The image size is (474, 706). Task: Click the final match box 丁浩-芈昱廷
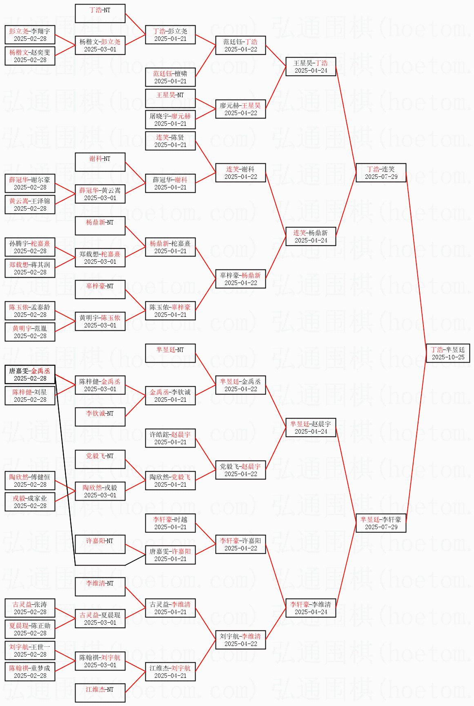(448, 353)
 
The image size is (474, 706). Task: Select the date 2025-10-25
(448, 357)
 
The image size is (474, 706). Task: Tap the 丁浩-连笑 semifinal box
(381, 173)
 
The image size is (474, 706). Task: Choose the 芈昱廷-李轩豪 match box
(381, 523)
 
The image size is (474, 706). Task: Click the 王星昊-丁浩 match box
(311, 67)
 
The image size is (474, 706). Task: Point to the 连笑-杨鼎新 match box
(311, 236)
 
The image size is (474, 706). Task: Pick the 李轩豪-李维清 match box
(311, 608)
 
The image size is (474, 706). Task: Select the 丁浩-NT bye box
(100, 13)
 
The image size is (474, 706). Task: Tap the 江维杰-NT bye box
(100, 693)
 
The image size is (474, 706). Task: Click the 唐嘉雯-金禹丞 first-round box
(30, 374)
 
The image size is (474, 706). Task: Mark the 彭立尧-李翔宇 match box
(30, 35)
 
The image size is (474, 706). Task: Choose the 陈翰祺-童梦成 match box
(30, 672)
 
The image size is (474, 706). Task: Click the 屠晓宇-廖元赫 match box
(170, 120)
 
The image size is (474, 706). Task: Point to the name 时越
(180, 519)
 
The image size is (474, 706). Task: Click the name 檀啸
(180, 73)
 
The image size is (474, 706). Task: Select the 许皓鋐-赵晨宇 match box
(170, 438)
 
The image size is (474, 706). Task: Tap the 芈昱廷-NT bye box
(170, 353)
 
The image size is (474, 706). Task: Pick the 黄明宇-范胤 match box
(30, 332)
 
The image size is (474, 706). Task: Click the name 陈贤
(177, 137)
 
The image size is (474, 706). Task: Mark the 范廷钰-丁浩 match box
(240, 45)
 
